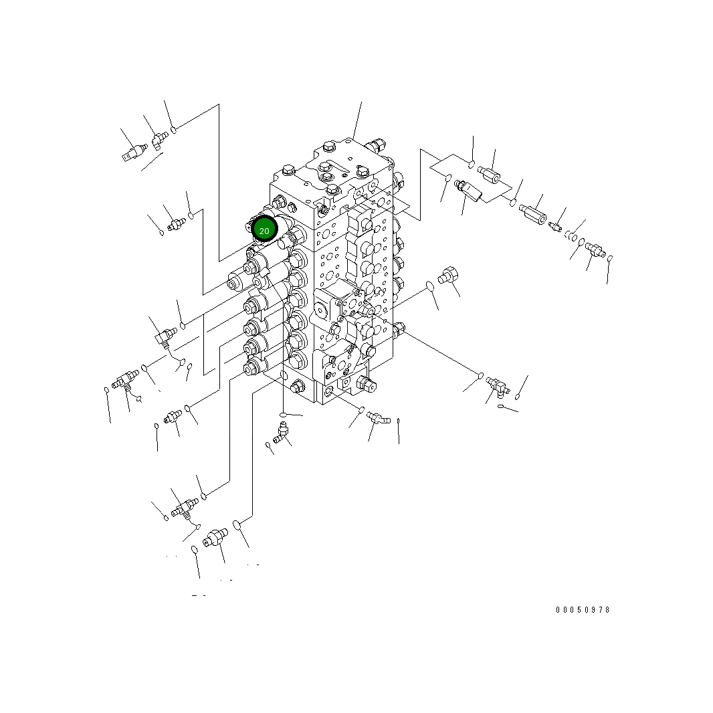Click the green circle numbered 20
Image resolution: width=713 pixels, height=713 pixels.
(264, 229)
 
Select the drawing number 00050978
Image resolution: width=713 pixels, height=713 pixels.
(583, 610)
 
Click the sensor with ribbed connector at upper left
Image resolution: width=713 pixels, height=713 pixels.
(134, 152)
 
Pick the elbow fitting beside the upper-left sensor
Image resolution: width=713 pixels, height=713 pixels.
(159, 139)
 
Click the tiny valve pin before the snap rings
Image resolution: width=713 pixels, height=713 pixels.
(555, 226)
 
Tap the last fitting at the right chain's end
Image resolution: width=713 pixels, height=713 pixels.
(595, 249)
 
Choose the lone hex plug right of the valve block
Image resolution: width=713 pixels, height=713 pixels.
(447, 276)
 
